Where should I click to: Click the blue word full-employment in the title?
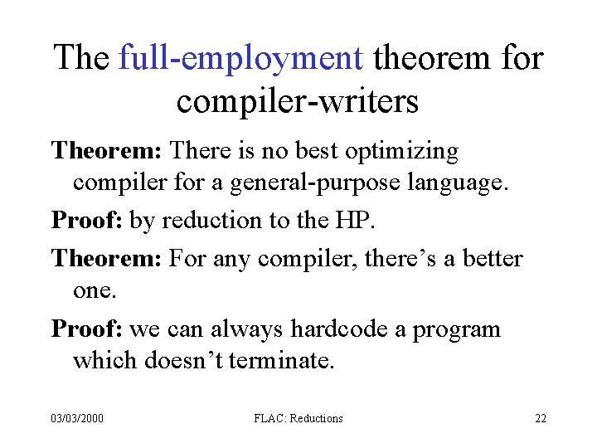tap(241, 59)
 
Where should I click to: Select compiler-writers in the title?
tap(298, 102)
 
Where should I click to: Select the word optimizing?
tap(401, 152)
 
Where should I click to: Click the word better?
tap(494, 259)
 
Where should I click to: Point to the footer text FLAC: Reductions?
tap(298, 419)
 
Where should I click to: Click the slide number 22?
tap(540, 419)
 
